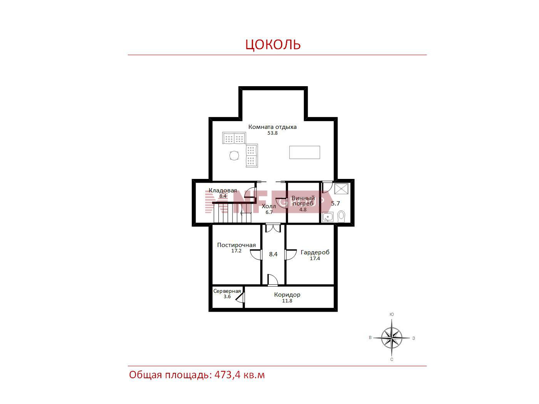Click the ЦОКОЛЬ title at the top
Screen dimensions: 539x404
click(x=273, y=44)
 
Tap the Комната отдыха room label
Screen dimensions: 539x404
click(x=272, y=127)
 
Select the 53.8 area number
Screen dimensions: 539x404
click(x=272, y=133)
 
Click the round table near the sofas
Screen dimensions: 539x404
click(x=234, y=155)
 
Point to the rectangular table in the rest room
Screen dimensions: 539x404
click(x=305, y=152)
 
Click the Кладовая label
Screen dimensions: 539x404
click(x=223, y=190)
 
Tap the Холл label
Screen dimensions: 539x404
click(x=269, y=206)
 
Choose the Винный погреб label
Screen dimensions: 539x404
click(x=303, y=200)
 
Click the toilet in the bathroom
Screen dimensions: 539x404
click(x=341, y=216)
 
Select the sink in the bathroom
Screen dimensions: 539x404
click(x=328, y=217)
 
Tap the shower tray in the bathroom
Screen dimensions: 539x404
click(x=341, y=189)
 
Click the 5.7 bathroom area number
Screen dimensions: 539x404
click(x=335, y=204)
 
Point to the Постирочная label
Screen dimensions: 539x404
click(x=236, y=245)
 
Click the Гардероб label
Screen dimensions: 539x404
click(x=315, y=252)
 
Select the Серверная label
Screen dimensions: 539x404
click(x=227, y=291)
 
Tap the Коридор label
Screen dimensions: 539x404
click(x=287, y=295)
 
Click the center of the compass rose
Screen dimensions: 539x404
click(x=392, y=338)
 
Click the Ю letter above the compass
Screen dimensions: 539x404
click(x=392, y=314)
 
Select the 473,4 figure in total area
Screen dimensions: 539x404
click(x=228, y=375)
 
